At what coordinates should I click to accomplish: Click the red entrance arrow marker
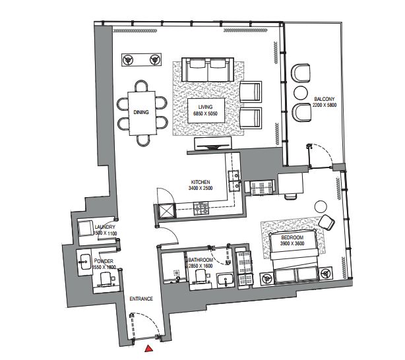coord(149,348)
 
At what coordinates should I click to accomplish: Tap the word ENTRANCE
coord(141,299)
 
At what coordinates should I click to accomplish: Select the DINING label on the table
coord(141,112)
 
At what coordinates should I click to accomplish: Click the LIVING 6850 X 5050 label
coord(206,110)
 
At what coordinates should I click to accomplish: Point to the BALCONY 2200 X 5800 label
coord(325,102)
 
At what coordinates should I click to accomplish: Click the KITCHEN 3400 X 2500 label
coord(201,185)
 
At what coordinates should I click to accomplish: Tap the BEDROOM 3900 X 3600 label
coord(292,240)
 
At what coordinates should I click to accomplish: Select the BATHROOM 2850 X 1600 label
coord(201,263)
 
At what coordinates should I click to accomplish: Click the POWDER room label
coord(104,264)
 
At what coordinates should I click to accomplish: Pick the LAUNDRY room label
coord(105,230)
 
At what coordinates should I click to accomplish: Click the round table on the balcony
coord(301,92)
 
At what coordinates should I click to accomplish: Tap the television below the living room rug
coord(212,143)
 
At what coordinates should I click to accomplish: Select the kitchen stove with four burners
coord(201,208)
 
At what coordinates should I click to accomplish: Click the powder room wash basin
coord(84,262)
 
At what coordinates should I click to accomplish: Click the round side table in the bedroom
coord(321,206)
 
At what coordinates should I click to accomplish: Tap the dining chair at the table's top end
coord(142,86)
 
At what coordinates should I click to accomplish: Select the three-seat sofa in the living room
coord(208,70)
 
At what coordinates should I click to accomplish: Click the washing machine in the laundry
coord(86,228)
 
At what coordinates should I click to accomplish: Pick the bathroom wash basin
coord(225,280)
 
